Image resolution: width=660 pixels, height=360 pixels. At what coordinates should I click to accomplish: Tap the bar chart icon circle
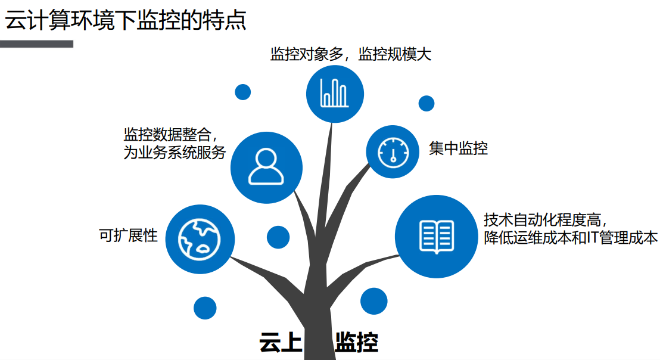[335, 94]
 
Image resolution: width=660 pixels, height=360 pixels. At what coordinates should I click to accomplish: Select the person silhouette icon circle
[266, 167]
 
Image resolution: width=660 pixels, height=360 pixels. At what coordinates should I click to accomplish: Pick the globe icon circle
[199, 238]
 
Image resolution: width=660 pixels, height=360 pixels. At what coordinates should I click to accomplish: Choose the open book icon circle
[437, 237]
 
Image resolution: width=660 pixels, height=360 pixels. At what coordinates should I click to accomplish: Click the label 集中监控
[458, 148]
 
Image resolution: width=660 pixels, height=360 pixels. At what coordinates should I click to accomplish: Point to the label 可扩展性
[128, 235]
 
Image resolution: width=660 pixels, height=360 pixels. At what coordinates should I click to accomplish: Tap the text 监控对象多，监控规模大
[350, 54]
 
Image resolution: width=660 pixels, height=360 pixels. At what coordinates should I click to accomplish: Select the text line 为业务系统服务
[175, 153]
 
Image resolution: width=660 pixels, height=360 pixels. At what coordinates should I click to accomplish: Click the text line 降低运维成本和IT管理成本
[571, 238]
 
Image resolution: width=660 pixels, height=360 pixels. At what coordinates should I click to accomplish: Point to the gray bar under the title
[36, 44]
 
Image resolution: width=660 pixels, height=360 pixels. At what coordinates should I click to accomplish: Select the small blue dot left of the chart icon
[242, 92]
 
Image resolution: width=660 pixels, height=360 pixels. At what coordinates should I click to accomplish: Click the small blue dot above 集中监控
[426, 103]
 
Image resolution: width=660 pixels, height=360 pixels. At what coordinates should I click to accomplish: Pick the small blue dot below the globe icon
[205, 308]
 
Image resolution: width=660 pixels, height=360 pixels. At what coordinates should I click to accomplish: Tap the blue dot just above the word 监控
[373, 301]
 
